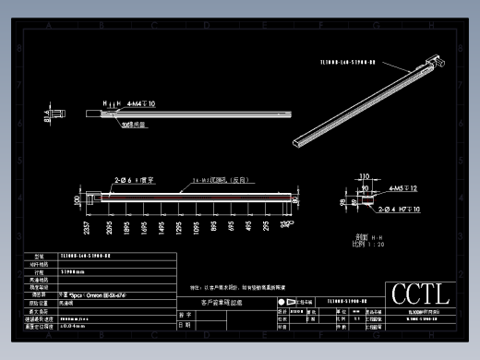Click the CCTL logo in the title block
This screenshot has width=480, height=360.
(421, 294)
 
